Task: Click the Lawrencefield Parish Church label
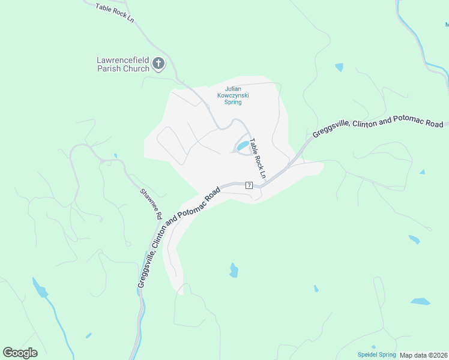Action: click(x=122, y=64)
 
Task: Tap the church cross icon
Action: click(x=158, y=63)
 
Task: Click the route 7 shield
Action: click(x=249, y=185)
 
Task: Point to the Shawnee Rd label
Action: click(x=152, y=203)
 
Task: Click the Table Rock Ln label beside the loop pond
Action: click(x=258, y=153)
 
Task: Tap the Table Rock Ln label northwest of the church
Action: click(x=114, y=13)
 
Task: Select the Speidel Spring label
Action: click(x=376, y=355)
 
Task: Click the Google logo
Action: click(x=20, y=353)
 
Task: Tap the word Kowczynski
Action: click(x=233, y=95)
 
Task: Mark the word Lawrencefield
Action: click(x=122, y=60)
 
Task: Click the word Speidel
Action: click(x=367, y=355)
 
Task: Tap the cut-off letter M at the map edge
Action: click(x=447, y=25)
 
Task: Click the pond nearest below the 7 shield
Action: click(x=234, y=271)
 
